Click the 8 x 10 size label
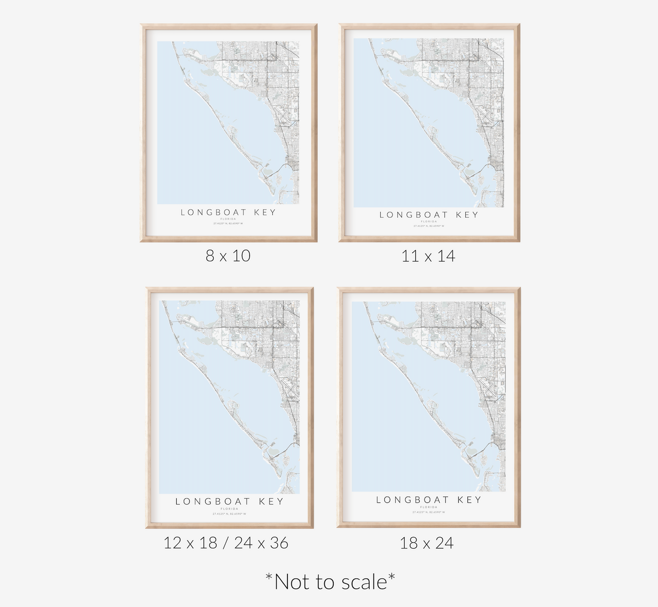click(228, 256)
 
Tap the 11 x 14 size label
click(428, 256)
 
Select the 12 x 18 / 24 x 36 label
click(226, 543)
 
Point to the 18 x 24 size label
click(427, 543)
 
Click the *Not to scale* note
click(330, 582)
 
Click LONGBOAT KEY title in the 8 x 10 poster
click(228, 212)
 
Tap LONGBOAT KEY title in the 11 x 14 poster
click(429, 215)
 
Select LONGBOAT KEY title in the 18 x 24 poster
click(428, 500)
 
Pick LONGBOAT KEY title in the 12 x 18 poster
click(230, 501)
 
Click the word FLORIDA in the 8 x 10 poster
click(228, 219)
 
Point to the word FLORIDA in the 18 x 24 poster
click(428, 507)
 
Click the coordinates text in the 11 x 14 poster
click(429, 226)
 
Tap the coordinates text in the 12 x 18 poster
click(230, 514)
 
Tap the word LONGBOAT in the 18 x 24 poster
click(412, 500)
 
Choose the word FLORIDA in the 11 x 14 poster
click(429, 222)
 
